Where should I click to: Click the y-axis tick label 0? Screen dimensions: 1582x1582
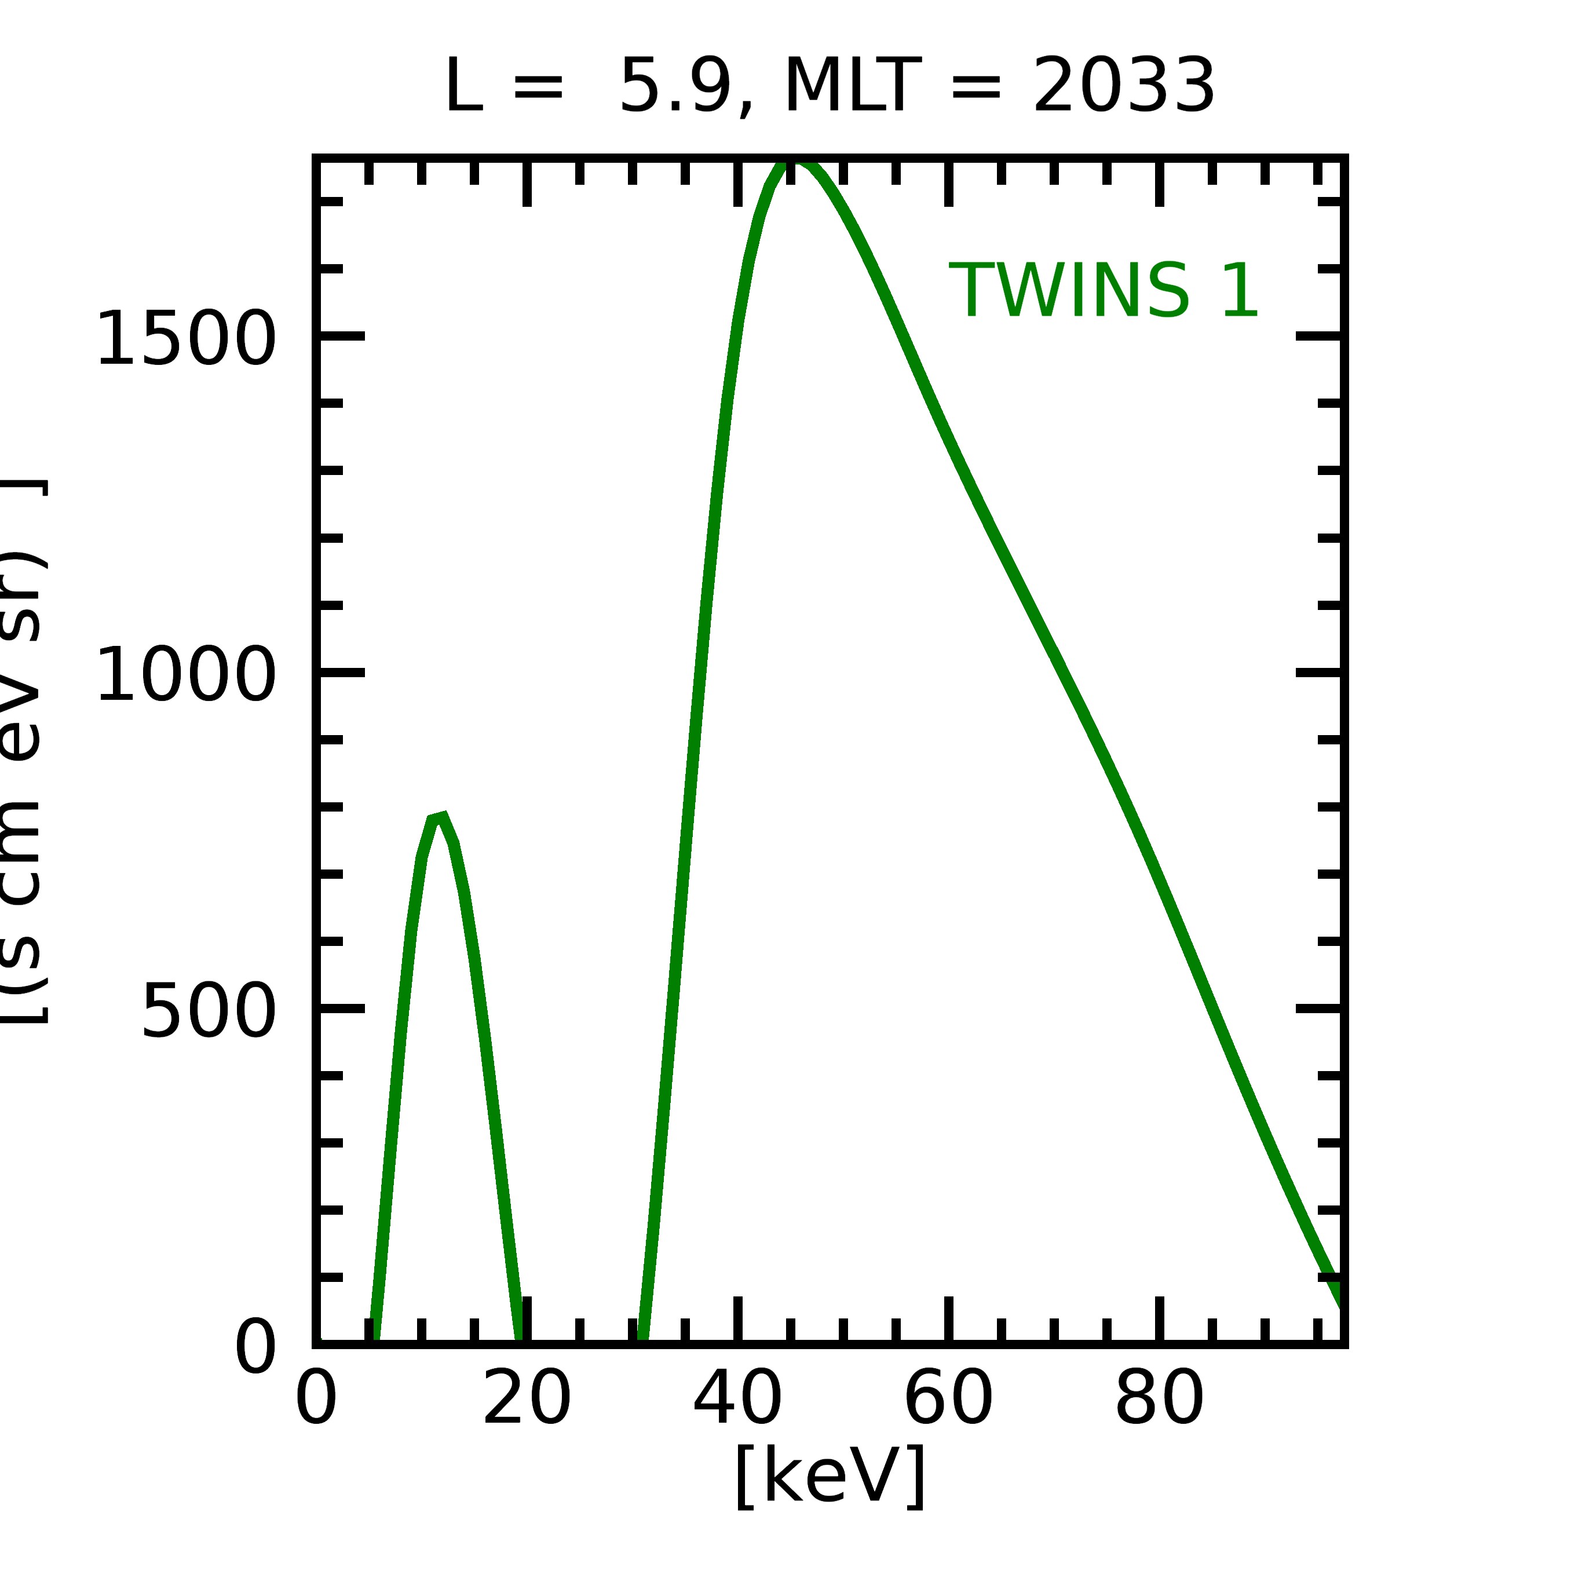click(255, 1347)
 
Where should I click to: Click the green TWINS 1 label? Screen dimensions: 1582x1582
click(1103, 291)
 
